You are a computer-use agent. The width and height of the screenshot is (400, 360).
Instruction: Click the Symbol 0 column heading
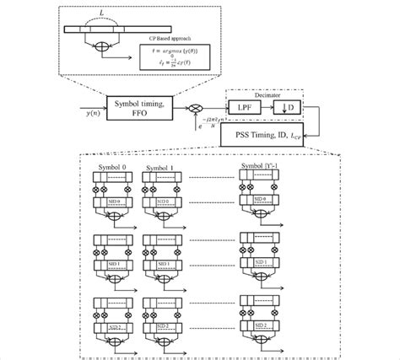(x=111, y=168)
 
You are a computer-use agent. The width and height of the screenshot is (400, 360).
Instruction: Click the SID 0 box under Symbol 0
(x=108, y=201)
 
